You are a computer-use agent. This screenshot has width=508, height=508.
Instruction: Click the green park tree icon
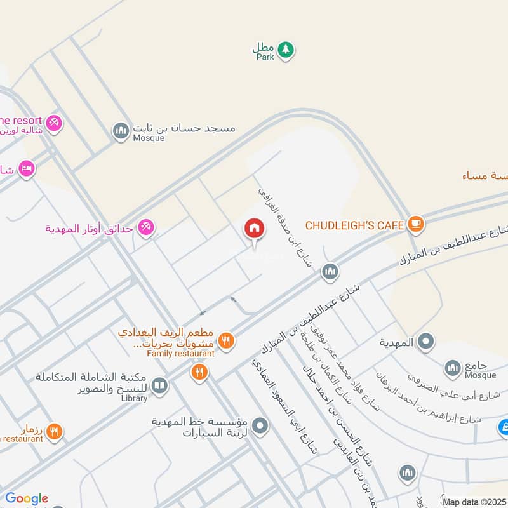[x=286, y=50]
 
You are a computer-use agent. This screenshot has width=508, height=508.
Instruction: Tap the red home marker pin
[x=255, y=229]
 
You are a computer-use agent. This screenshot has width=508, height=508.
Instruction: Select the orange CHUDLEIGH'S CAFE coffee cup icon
[x=416, y=223]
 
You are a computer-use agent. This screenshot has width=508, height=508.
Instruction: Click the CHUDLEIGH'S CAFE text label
[x=354, y=225]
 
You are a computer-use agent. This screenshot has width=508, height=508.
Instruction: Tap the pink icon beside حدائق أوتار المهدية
[x=146, y=227]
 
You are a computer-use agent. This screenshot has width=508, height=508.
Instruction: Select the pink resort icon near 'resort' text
[x=55, y=122]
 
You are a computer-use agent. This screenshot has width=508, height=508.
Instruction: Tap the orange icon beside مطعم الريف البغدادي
[x=225, y=342]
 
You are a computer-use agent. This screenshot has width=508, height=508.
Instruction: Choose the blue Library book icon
[x=159, y=386]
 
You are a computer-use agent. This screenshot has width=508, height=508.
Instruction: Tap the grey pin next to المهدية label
[x=426, y=342]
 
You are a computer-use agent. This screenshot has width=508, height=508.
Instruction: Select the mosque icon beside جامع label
[x=452, y=368]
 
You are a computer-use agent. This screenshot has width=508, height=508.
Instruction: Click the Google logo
[x=27, y=498]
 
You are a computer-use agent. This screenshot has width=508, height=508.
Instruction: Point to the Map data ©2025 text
[x=474, y=502]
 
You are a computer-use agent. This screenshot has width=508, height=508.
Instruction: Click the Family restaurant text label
[x=180, y=353]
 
